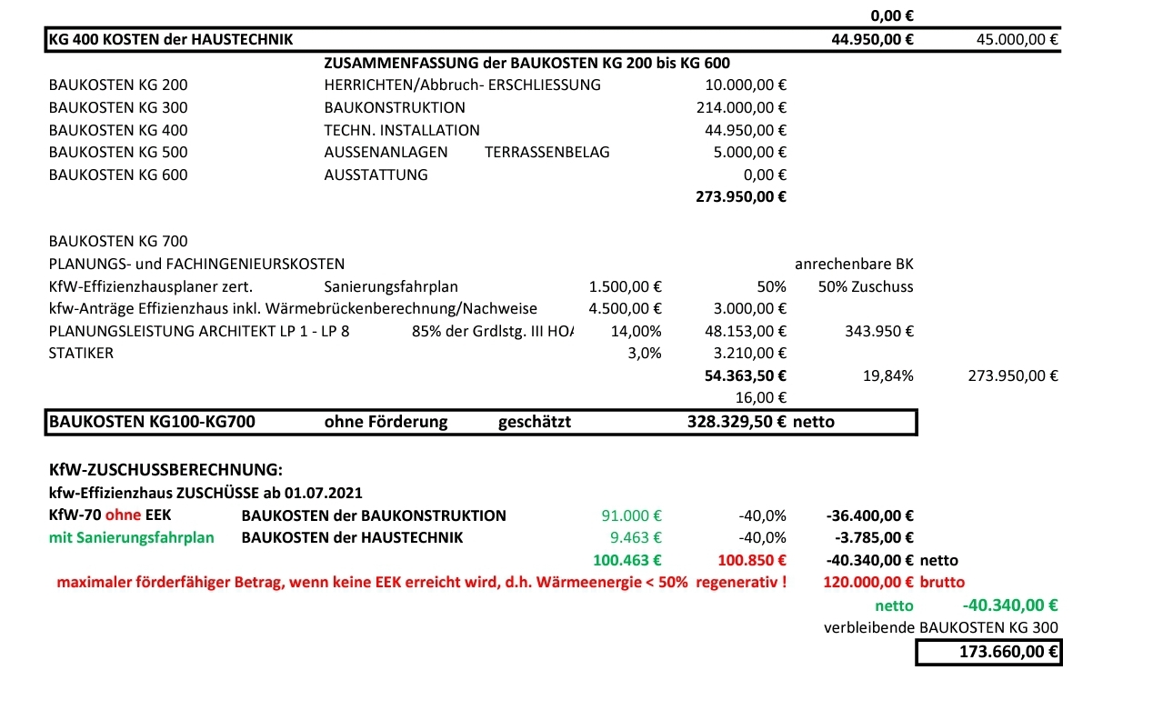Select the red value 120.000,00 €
click(867, 582)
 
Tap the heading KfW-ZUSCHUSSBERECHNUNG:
click(165, 470)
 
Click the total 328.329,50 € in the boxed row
click(737, 422)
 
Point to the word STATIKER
click(82, 353)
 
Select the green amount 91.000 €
click(631, 515)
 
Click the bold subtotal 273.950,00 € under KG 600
click(740, 196)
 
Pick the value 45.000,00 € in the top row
click(1017, 39)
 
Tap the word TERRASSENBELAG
click(547, 152)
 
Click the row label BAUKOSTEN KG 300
click(118, 107)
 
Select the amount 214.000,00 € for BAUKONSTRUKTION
click(740, 107)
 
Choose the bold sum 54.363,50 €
click(745, 375)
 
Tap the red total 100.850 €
click(752, 560)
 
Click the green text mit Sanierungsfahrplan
click(132, 537)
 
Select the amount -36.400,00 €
click(870, 515)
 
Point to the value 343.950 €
click(878, 331)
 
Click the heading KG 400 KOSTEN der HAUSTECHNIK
click(172, 39)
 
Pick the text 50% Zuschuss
click(866, 286)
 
